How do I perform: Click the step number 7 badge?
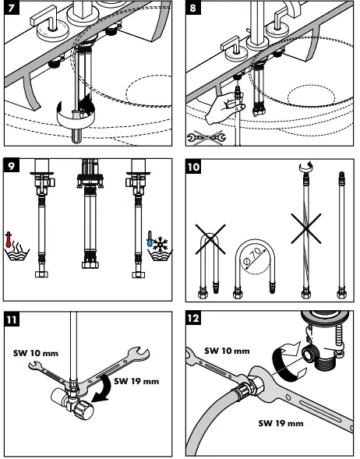[12, 7]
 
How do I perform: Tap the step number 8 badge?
[192, 7]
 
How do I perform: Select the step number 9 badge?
[11, 166]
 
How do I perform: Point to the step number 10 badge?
[193, 167]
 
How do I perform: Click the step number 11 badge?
[12, 319]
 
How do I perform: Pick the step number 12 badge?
[193, 318]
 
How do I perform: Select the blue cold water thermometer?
[150, 238]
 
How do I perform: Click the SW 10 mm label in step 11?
[36, 353]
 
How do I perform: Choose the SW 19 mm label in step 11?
[136, 381]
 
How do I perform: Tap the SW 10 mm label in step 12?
[227, 351]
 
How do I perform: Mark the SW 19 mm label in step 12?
[281, 423]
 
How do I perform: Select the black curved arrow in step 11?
[103, 390]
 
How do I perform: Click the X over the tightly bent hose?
[210, 239]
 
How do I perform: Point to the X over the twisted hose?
[306, 228]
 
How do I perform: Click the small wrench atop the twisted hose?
[306, 167]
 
